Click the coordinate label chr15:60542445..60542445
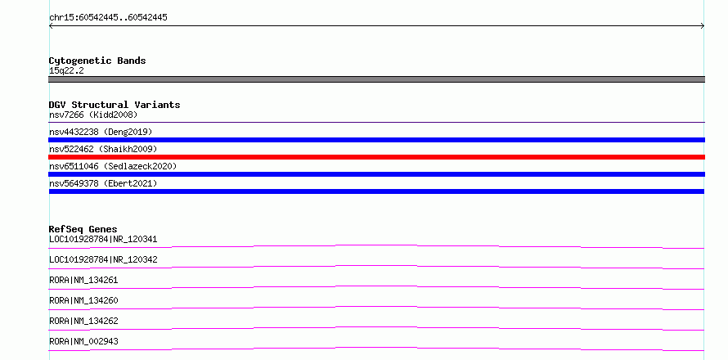tap(108, 18)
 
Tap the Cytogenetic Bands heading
tap(97, 61)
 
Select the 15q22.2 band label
tap(66, 70)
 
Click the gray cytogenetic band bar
tap(376, 79)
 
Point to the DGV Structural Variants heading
tap(115, 105)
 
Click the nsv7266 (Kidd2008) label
tap(93, 115)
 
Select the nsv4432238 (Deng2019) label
tap(101, 132)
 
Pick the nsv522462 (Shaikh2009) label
tap(103, 149)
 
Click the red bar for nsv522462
tap(376, 157)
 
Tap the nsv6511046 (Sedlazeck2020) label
tap(113, 166)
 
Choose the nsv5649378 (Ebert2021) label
tap(103, 183)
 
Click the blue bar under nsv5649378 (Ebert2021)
tap(376, 191)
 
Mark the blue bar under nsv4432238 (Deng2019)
tap(376, 140)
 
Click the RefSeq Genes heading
tap(83, 229)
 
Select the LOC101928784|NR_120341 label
tap(103, 240)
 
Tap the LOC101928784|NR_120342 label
tap(103, 260)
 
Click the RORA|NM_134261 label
tap(83, 280)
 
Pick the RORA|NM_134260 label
tap(83, 300)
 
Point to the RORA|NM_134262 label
tap(83, 321)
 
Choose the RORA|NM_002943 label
tap(83, 341)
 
